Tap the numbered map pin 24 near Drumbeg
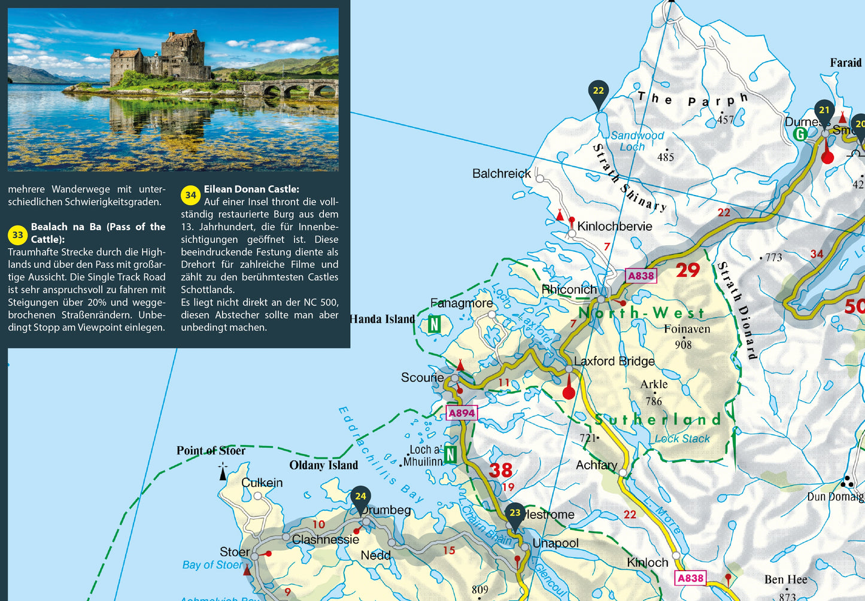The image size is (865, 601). coord(360,498)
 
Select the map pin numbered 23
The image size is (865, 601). coord(515,514)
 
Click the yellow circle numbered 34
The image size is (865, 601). coord(190,195)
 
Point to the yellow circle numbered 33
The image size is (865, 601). coord(18,235)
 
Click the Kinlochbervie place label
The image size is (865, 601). coord(614,227)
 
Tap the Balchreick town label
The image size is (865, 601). coord(501,173)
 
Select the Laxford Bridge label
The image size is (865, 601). coord(614,361)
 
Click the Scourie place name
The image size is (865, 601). coord(422,378)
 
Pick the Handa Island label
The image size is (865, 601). coord(383,319)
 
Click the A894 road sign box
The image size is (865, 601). coord(462,413)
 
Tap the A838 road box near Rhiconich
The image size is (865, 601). coord(641,276)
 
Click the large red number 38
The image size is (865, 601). coord(500,470)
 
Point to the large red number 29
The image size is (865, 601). coord(688,270)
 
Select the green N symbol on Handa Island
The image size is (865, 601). coord(434,325)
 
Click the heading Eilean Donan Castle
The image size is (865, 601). coord(251,189)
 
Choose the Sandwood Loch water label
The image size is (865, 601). coord(637,141)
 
